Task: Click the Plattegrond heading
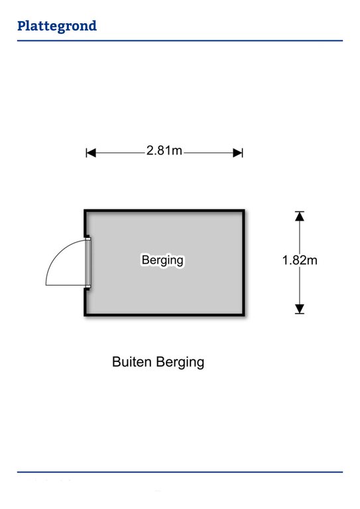point(57,27)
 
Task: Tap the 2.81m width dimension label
point(164,150)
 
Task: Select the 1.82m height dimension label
point(300,260)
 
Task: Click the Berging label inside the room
point(162,260)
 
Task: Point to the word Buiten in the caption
point(131,362)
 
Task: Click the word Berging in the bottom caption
point(180,363)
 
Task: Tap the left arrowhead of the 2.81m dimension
point(91,152)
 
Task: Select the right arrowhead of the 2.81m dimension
point(238,152)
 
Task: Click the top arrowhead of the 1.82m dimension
point(300,216)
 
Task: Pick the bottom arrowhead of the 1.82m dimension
point(300,309)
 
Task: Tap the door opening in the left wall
point(88,263)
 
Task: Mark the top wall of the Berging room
point(164,211)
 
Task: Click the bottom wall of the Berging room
point(164,315)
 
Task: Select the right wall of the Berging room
point(243,263)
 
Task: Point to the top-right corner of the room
point(244,211)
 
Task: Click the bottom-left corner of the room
point(86,315)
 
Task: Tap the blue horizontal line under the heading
point(180,40)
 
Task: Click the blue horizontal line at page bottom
point(180,472)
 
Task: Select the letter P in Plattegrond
point(22,26)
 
